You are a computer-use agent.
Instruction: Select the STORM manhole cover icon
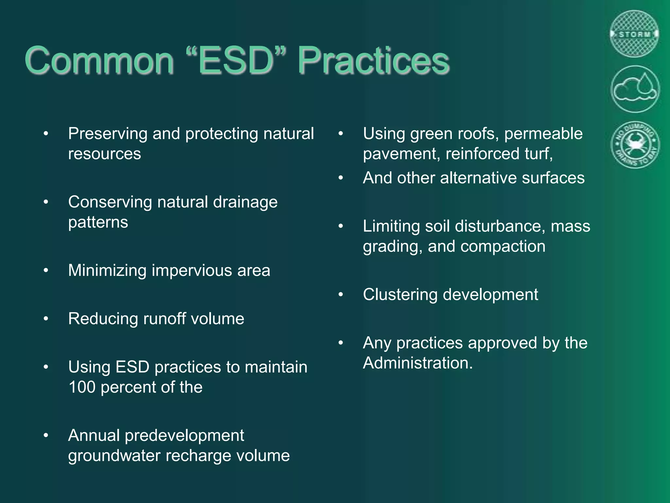(x=635, y=34)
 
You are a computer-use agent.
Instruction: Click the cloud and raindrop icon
(x=635, y=89)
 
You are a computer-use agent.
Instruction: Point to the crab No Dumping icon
(x=635, y=145)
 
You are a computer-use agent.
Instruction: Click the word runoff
(x=164, y=319)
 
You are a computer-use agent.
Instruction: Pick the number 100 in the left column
(x=82, y=387)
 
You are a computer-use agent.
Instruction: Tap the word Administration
(x=417, y=363)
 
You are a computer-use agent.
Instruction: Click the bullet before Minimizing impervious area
(x=46, y=270)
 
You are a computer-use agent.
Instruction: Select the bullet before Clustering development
(x=341, y=295)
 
